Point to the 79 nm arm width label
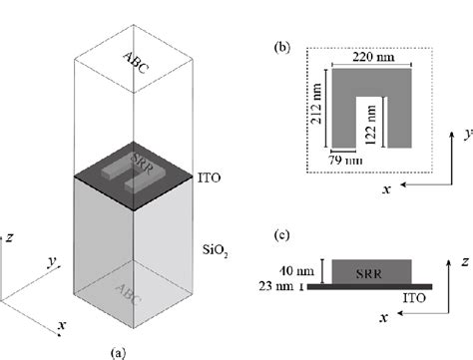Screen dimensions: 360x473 point(342,161)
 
